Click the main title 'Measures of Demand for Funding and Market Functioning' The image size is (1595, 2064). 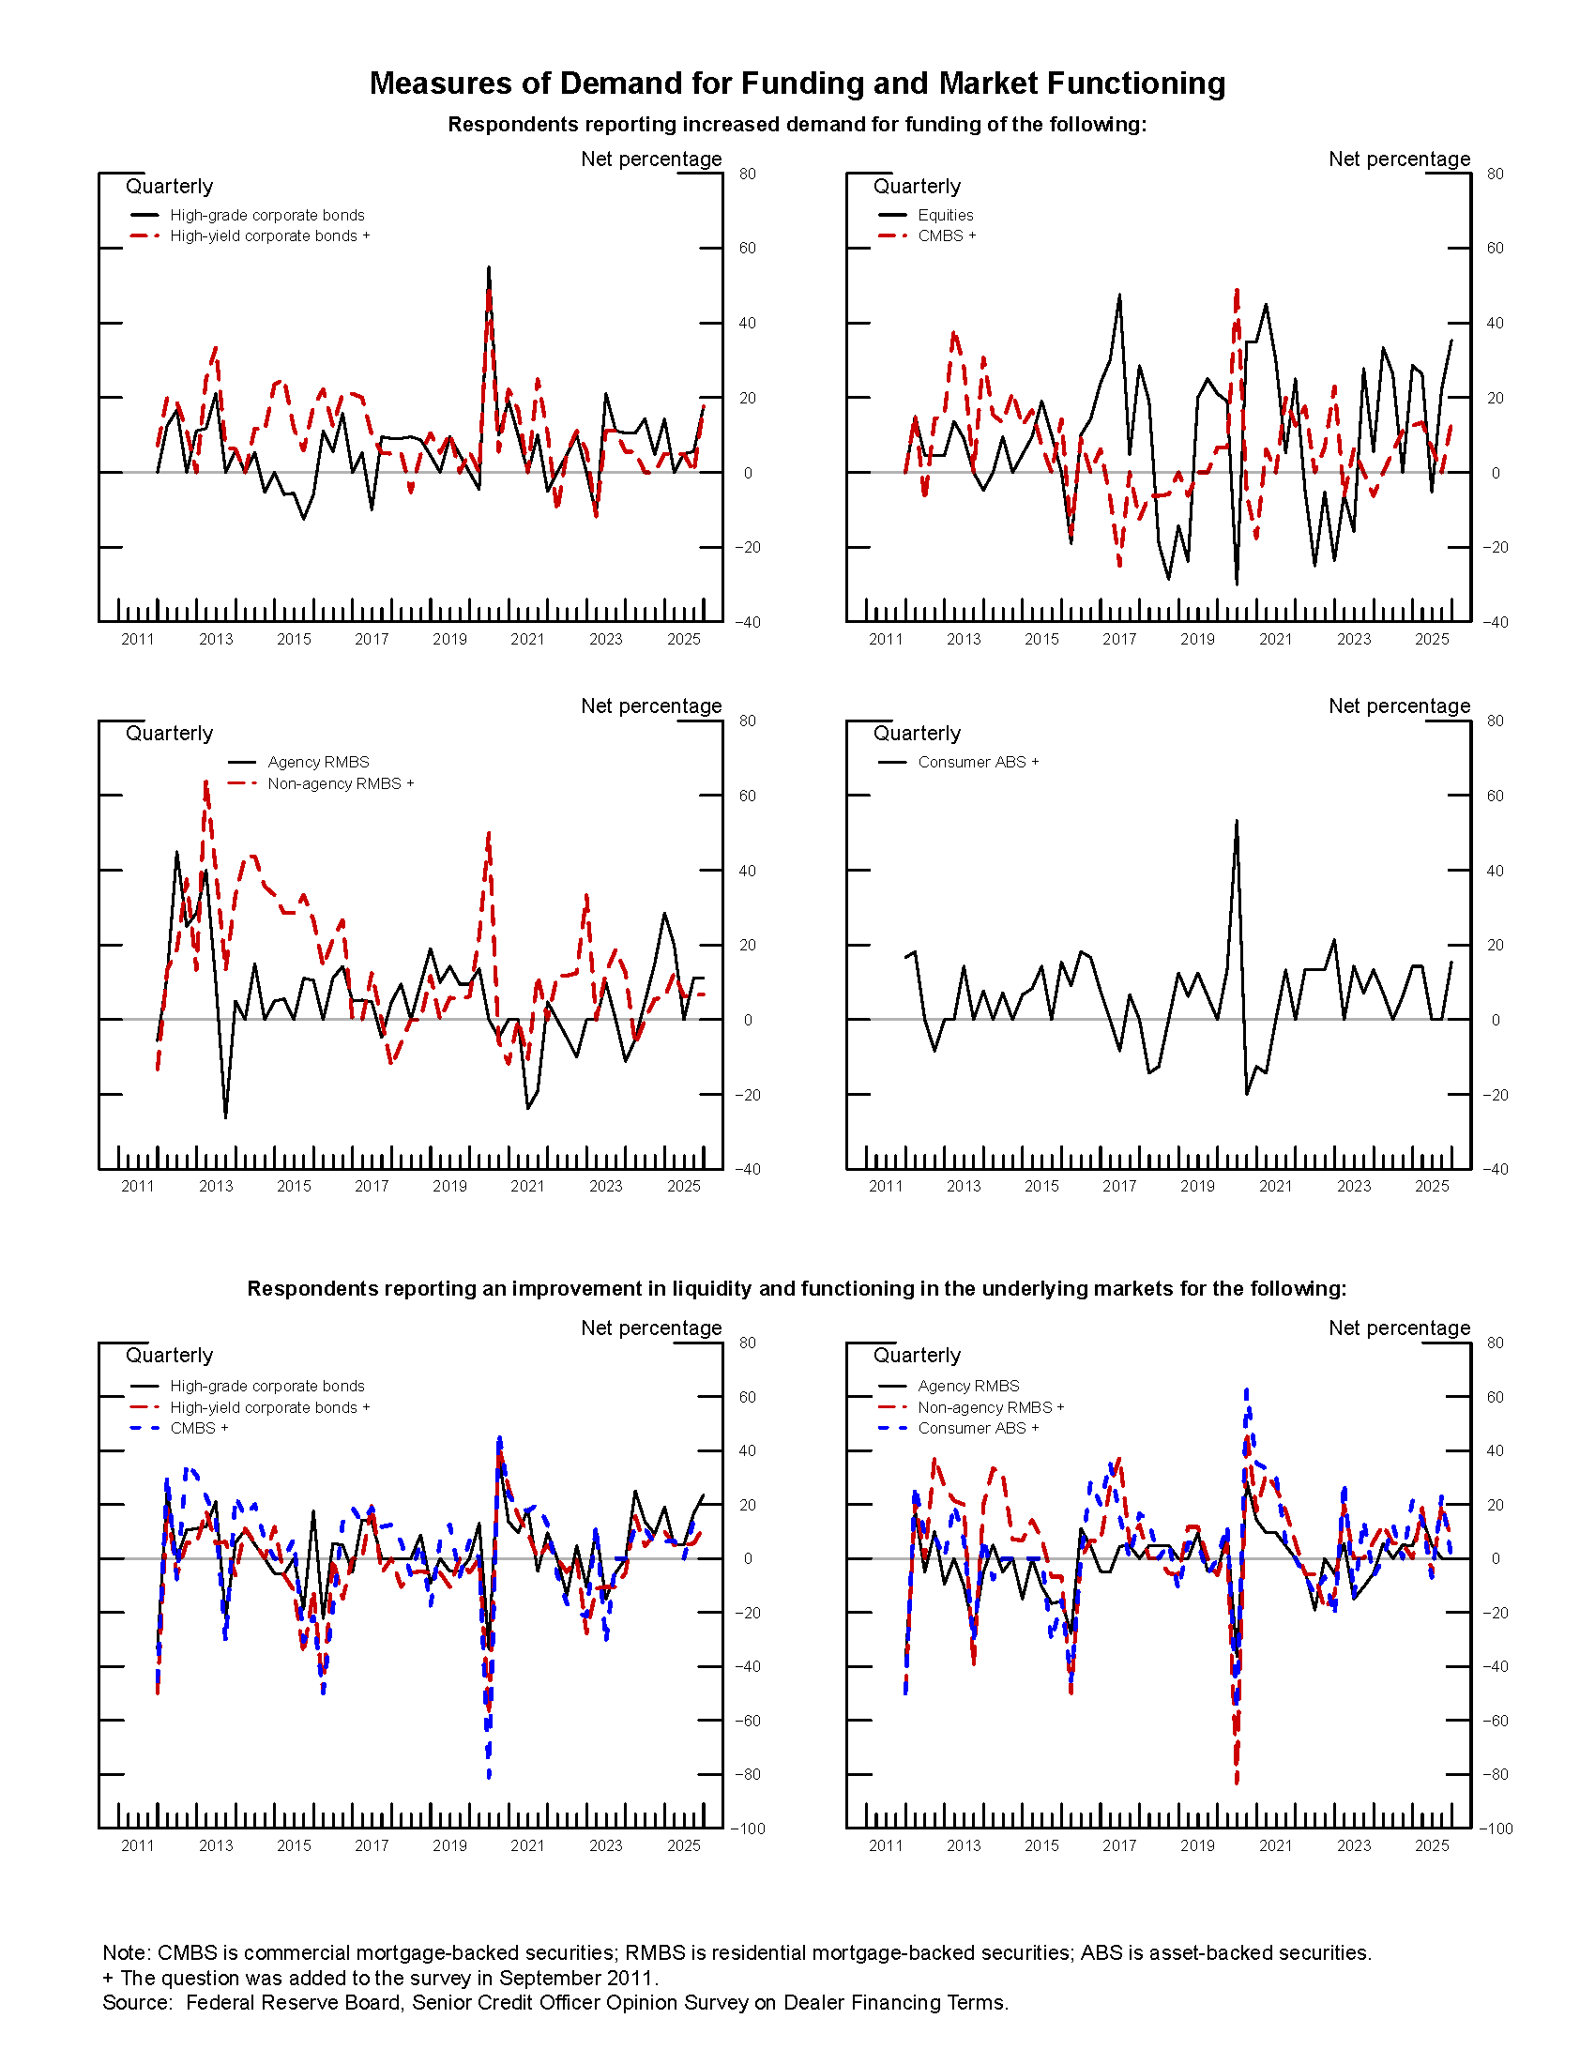[x=797, y=83]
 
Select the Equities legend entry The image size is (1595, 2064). [x=945, y=216]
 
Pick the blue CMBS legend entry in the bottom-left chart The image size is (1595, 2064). [x=198, y=1428]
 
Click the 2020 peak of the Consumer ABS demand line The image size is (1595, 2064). [x=1236, y=821]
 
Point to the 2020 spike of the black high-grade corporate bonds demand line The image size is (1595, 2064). [x=489, y=267]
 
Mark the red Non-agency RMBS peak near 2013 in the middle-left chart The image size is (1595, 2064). [x=206, y=782]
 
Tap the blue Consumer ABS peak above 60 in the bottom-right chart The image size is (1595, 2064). [x=1246, y=1390]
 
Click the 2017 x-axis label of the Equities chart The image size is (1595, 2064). [x=1118, y=640]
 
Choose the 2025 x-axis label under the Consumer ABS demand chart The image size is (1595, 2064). [x=1431, y=1187]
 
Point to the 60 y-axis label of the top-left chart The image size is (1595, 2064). [x=747, y=249]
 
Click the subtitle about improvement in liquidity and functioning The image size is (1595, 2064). [x=797, y=1289]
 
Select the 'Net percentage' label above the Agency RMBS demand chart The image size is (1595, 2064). [x=651, y=706]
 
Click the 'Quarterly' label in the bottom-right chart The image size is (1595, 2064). [x=917, y=1356]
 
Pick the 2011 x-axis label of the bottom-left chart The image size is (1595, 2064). [x=138, y=1845]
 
